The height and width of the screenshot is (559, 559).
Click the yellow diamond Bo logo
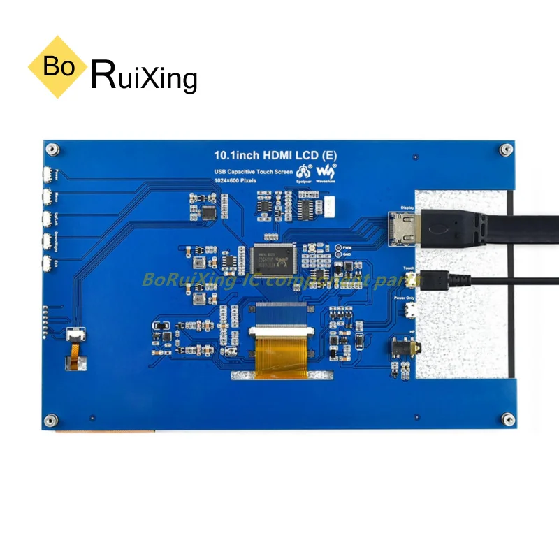[x=59, y=67]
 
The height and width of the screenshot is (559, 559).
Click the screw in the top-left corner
[x=52, y=149]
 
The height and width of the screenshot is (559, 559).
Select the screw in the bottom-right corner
[x=504, y=420]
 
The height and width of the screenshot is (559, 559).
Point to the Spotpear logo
[x=304, y=172]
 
